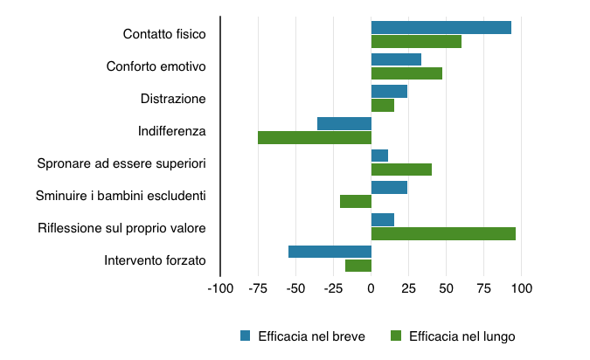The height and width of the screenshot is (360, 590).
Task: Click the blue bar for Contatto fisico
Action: (x=441, y=27)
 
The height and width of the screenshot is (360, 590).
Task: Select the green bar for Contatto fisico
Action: (x=416, y=41)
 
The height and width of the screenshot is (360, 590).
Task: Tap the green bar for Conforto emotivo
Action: (x=406, y=73)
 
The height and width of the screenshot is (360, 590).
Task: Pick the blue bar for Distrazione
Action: (x=389, y=92)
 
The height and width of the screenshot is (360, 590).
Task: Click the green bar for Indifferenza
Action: (x=315, y=137)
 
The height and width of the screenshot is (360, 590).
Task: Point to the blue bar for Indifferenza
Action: (x=344, y=123)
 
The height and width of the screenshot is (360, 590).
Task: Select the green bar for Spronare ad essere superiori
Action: (x=401, y=170)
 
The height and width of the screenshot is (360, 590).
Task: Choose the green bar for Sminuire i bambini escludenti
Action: (x=356, y=202)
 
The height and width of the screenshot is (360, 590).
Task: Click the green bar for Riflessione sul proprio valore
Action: (x=443, y=233)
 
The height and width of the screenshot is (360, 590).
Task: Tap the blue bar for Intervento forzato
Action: (x=330, y=252)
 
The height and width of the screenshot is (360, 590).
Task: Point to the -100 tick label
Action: (x=219, y=287)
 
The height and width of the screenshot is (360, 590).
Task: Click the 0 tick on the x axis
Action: (x=371, y=287)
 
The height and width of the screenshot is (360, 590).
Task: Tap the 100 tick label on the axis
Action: (x=522, y=287)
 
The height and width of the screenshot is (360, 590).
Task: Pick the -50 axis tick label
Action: (x=295, y=287)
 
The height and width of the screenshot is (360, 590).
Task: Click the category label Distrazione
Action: (x=173, y=99)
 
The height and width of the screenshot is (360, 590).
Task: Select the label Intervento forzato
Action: (x=155, y=260)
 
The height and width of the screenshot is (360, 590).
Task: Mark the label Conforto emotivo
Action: (x=156, y=66)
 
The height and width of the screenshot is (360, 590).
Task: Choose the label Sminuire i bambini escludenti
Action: (x=121, y=195)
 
